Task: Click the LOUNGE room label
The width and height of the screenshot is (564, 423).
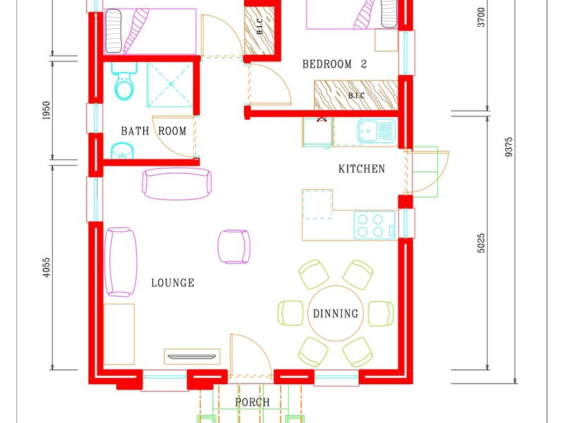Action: [x=173, y=283]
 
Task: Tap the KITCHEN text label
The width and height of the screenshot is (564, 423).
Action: [x=362, y=168]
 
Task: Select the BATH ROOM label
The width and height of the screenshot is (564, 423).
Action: [x=154, y=130]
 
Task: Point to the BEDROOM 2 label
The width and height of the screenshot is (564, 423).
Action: [x=334, y=64]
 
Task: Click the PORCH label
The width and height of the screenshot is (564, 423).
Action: [x=252, y=402]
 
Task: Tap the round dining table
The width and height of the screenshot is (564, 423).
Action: [x=336, y=313]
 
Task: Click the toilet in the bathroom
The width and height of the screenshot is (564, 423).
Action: [x=124, y=81]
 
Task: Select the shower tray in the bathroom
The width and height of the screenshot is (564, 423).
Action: [x=171, y=85]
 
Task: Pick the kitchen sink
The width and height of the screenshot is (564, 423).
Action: [x=376, y=130]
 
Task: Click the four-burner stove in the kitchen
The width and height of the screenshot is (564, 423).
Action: [x=375, y=225]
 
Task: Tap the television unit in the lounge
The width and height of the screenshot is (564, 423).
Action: [x=192, y=357]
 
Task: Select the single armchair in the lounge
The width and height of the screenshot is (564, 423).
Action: [x=234, y=247]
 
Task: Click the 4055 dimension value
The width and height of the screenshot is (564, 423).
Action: [x=47, y=267]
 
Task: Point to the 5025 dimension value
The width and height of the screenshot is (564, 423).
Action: [x=482, y=243]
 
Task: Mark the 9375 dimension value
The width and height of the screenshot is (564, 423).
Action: [x=508, y=147]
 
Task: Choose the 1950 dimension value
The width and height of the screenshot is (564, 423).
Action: [x=47, y=111]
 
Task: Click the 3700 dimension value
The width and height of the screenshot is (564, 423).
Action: [x=482, y=17]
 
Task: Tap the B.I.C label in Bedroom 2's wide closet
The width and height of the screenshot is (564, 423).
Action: [x=356, y=95]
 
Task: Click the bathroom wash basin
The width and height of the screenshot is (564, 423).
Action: [x=122, y=151]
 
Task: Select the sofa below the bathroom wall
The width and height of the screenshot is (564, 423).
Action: [x=177, y=183]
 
